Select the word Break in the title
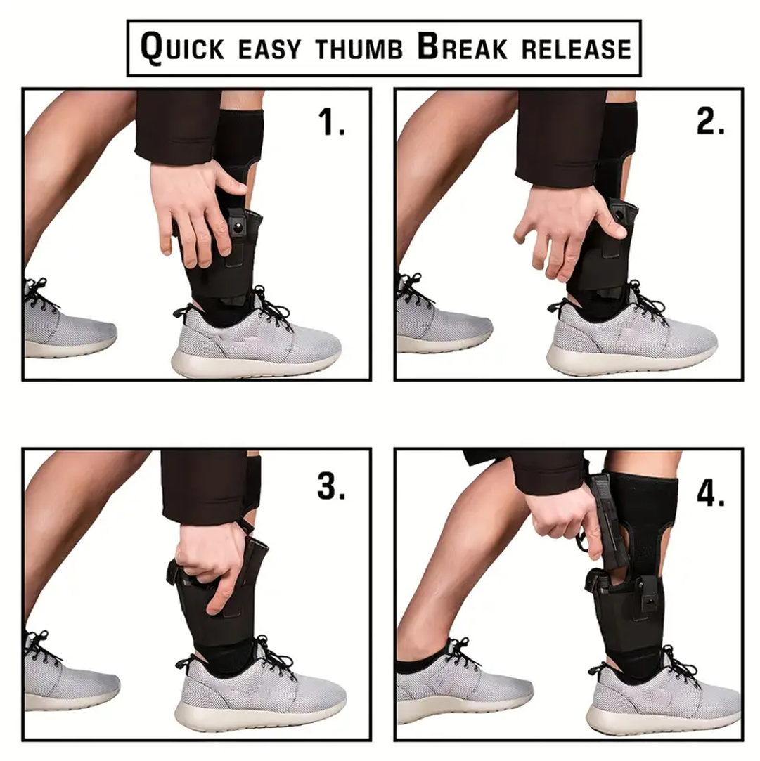460,48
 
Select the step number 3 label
331,485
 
